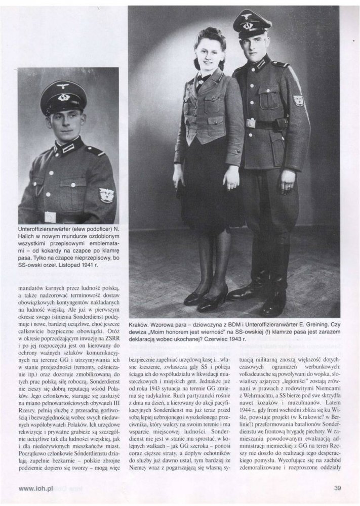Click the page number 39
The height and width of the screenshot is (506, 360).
pos(338,488)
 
